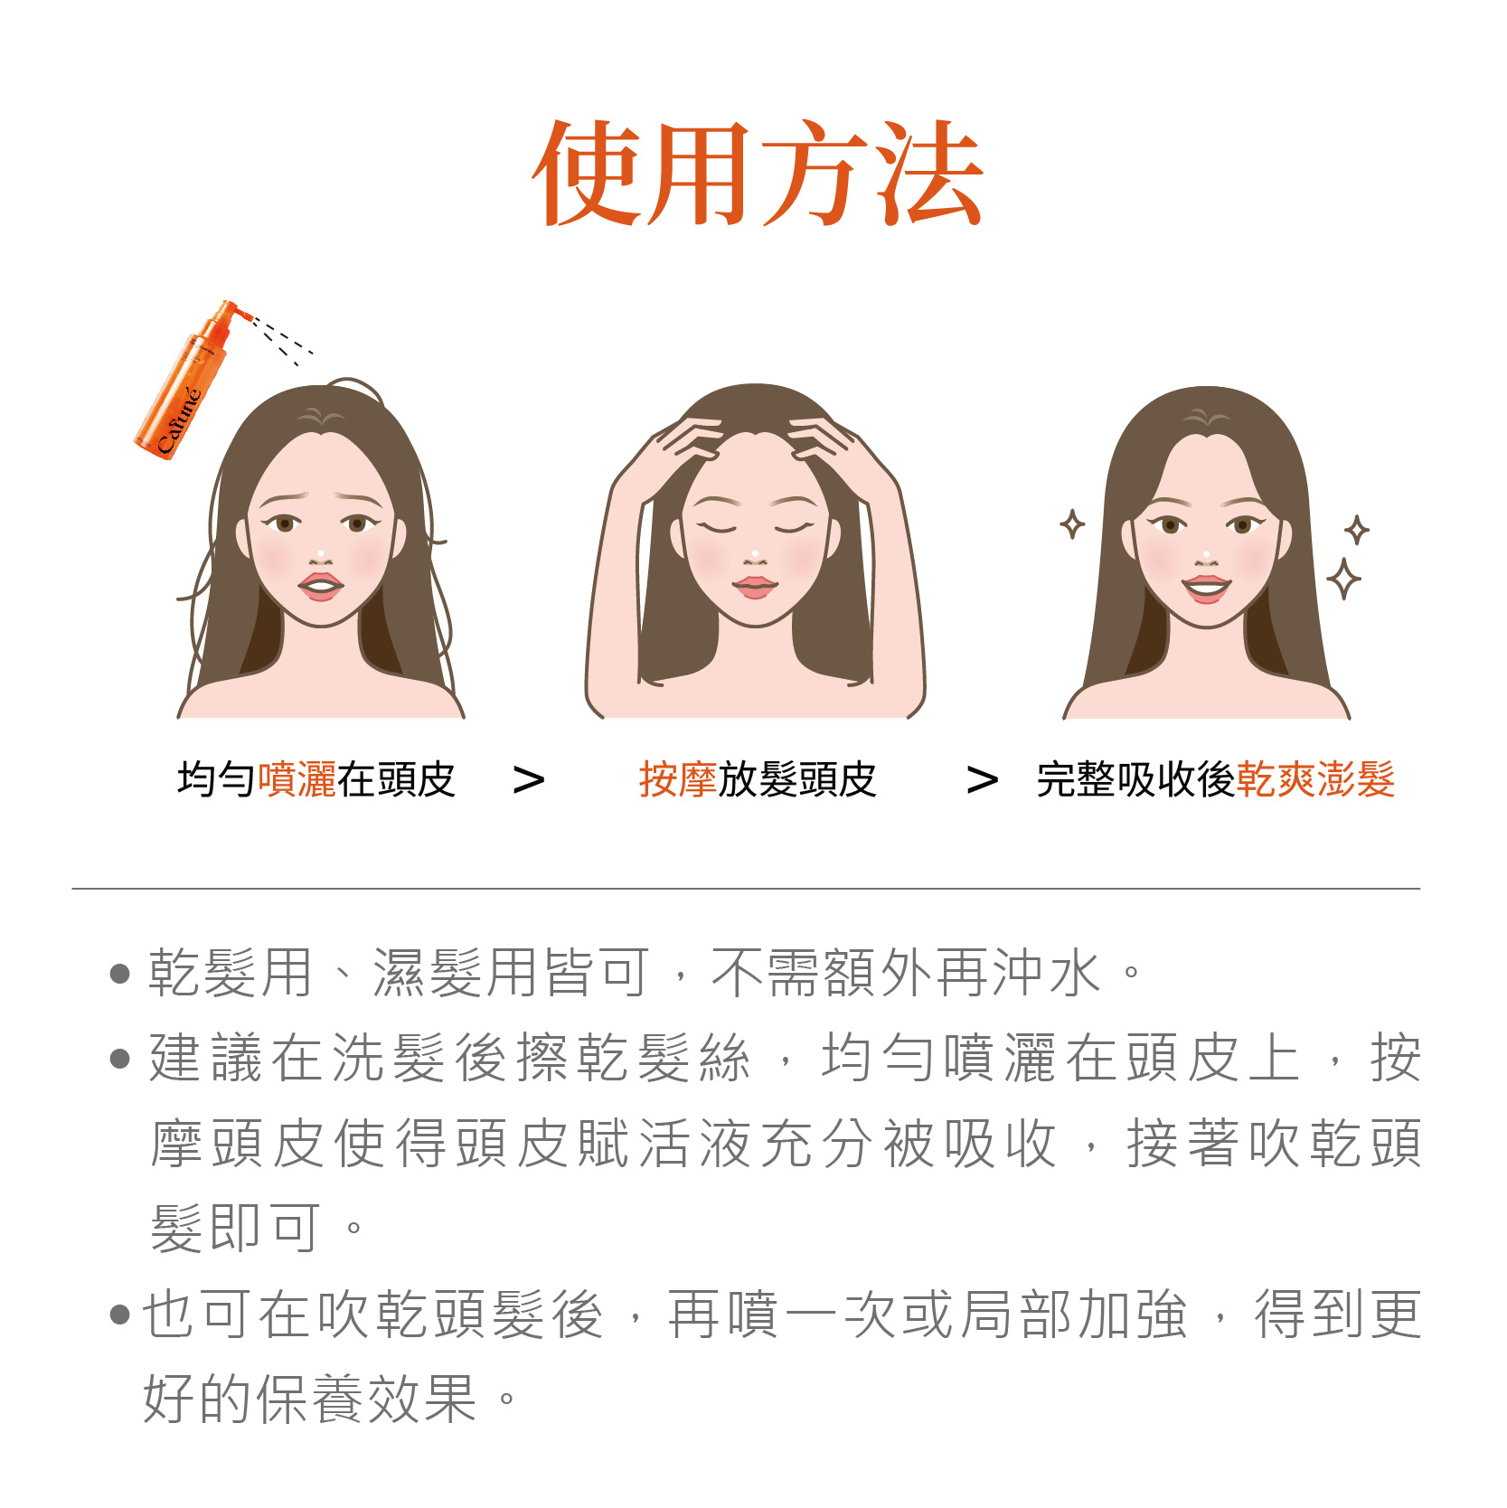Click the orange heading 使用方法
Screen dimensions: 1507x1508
click(758, 173)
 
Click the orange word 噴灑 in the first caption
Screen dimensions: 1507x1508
click(297, 779)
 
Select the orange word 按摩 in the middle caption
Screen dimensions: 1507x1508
click(678, 779)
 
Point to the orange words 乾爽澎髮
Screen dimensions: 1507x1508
click(1315, 779)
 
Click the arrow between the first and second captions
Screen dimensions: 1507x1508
click(529, 780)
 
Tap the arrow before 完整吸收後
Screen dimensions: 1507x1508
click(983, 780)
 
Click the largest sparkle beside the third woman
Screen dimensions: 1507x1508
click(1344, 579)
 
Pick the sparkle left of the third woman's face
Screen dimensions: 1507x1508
click(1072, 524)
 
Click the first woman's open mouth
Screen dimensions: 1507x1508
click(321, 587)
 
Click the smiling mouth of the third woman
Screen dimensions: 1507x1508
click(1207, 589)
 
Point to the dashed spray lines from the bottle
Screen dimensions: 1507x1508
click(282, 340)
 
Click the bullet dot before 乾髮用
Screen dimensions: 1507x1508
click(119, 974)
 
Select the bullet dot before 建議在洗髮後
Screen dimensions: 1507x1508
click(119, 1058)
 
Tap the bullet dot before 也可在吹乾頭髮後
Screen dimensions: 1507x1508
click(119, 1314)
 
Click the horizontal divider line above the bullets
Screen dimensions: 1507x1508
click(746, 889)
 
